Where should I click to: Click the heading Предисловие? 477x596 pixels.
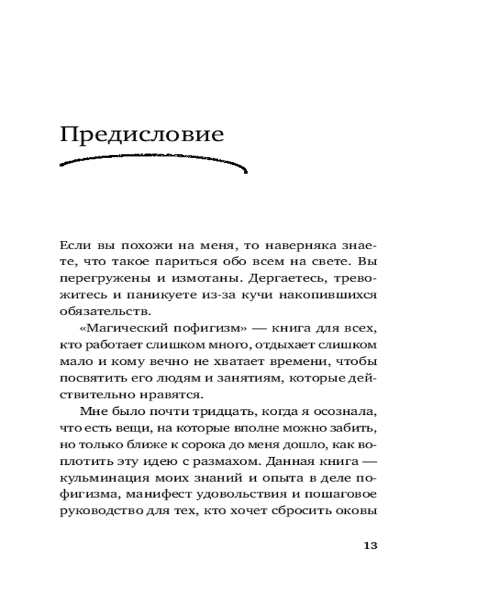(x=142, y=135)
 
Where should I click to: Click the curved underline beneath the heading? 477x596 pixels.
(x=154, y=164)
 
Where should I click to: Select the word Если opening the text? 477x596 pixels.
(x=74, y=245)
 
